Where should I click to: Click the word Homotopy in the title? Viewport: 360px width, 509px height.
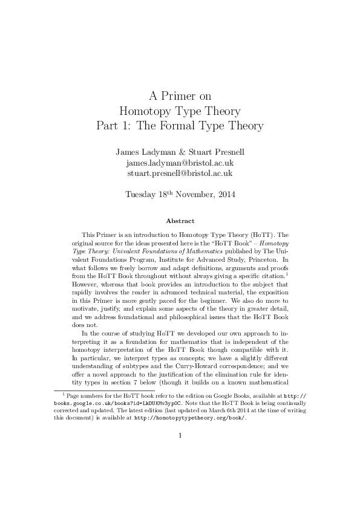point(148,111)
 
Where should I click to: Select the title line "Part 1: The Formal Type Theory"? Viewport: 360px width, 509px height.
point(180,126)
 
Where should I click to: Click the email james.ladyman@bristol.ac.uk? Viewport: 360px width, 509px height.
point(180,162)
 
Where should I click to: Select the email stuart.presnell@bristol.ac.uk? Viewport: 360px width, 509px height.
point(180,173)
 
